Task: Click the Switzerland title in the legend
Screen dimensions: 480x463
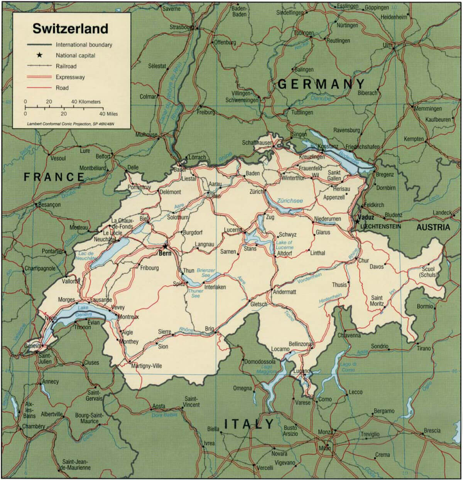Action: pos(70,29)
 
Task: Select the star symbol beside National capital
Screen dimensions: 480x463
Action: pos(39,55)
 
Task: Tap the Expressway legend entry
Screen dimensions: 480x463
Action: pos(70,77)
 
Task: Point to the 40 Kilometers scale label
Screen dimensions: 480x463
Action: pos(86,102)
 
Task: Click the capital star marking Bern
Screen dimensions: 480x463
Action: pos(165,246)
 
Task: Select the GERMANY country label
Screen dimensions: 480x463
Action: pos(321,84)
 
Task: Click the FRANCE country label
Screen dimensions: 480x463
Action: pos(54,177)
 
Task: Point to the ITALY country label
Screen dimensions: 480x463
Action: pos(249,424)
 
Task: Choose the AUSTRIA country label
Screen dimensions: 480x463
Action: pos(433,227)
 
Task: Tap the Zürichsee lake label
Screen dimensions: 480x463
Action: pos(290,201)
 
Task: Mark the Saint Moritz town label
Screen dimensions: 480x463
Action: pos(377,301)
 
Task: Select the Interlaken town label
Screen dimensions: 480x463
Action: pos(215,287)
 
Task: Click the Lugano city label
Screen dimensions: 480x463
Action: pos(301,371)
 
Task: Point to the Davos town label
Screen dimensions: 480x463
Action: pos(377,267)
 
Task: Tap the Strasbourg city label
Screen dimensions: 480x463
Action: pos(181,27)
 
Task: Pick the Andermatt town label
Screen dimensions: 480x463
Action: pos(284,292)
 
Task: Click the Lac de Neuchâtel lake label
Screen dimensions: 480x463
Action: pos(86,256)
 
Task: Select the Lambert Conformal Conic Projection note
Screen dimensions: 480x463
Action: pos(72,124)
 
